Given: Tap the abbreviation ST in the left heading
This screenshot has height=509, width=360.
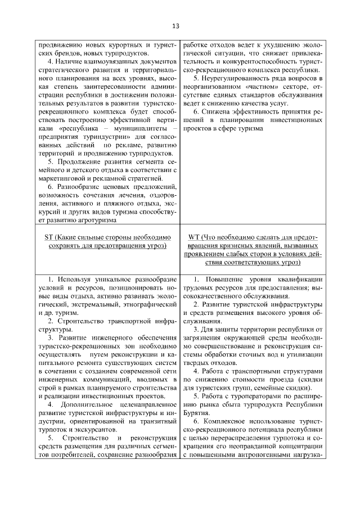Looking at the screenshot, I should (x=49, y=237).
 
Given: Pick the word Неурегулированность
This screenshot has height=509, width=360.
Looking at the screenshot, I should (x=242, y=78).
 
